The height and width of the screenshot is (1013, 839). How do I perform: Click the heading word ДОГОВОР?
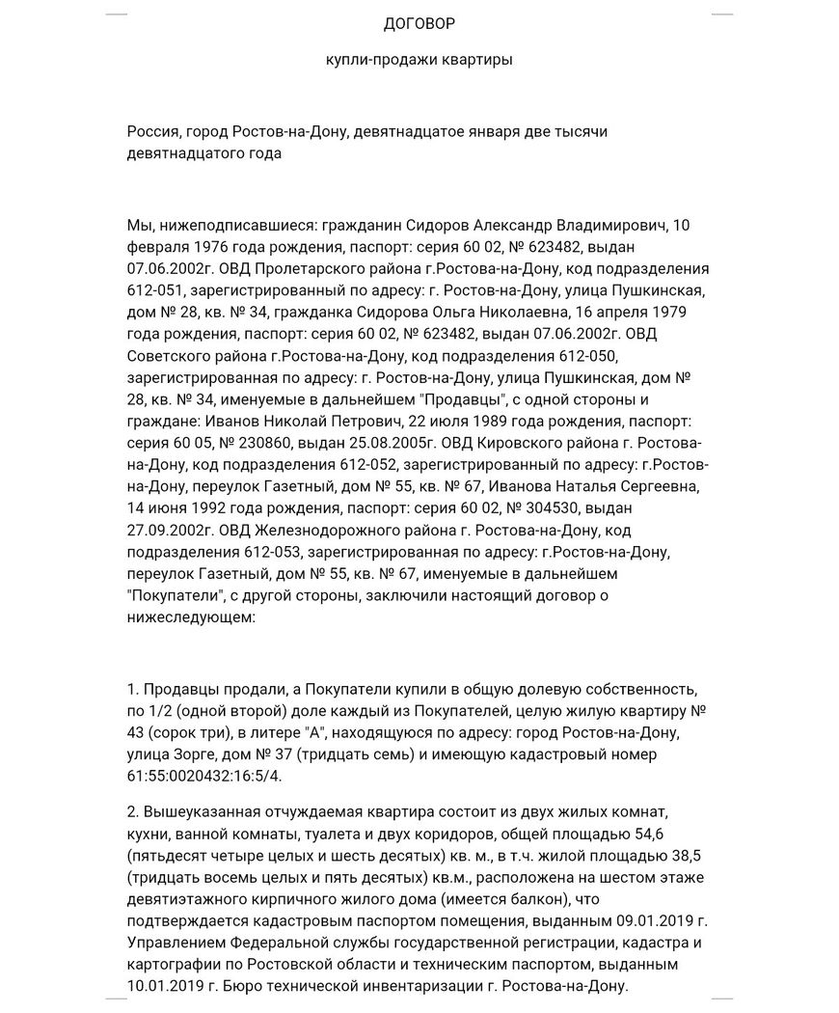tap(419, 23)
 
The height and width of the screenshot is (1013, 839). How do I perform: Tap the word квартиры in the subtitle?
tap(477, 60)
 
